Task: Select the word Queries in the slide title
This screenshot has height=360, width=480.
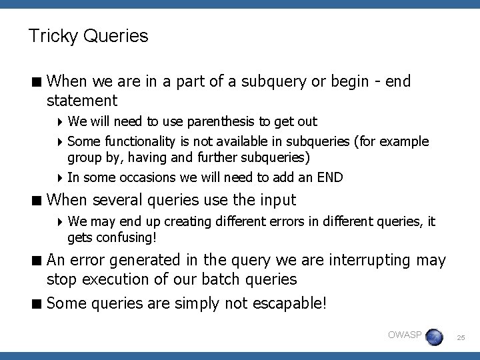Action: pyautogui.click(x=116, y=36)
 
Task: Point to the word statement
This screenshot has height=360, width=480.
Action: pyautogui.click(x=82, y=101)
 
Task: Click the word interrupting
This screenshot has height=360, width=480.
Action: pyautogui.click(x=368, y=260)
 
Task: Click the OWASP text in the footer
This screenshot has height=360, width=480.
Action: pyautogui.click(x=405, y=334)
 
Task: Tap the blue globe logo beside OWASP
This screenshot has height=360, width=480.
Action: pyautogui.click(x=434, y=337)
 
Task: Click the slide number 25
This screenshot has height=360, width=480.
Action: pyautogui.click(x=461, y=339)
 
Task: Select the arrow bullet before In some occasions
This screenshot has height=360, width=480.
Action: pyautogui.click(x=61, y=177)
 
